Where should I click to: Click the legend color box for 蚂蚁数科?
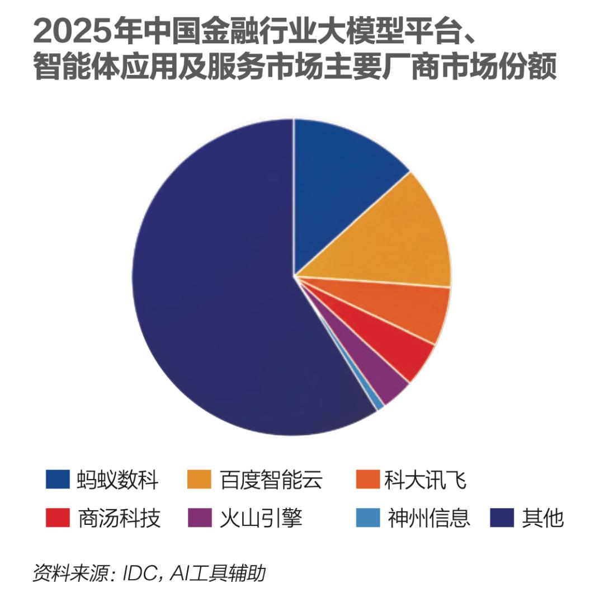click(58, 479)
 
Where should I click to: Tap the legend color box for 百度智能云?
click(199, 479)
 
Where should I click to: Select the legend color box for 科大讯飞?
click(368, 479)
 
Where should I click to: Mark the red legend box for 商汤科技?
click(58, 517)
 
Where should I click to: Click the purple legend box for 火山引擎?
click(200, 517)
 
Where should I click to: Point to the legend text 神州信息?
click(429, 518)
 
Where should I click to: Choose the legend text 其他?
click(542, 518)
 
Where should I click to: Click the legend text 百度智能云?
click(271, 480)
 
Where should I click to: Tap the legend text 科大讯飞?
click(425, 480)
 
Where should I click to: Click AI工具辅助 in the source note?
click(218, 574)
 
